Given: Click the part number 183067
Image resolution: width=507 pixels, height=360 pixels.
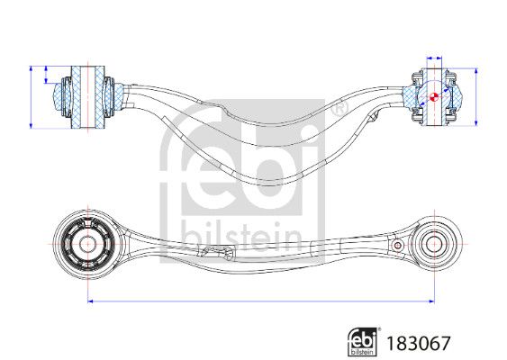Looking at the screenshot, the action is (419, 343).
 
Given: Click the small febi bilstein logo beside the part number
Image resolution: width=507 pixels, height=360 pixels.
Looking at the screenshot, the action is (363, 342).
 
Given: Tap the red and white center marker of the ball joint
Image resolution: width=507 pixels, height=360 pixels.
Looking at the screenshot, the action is (434, 96).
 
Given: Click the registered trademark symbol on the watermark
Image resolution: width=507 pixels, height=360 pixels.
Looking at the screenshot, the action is (340, 109).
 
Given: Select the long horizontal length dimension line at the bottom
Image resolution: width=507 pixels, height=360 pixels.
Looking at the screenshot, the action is (261, 301).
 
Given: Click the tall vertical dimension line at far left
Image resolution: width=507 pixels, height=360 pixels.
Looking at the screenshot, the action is (31, 97).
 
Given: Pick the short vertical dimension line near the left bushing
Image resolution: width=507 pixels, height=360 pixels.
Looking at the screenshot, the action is (46, 75).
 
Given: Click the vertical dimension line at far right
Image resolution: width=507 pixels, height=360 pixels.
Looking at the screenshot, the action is (476, 97).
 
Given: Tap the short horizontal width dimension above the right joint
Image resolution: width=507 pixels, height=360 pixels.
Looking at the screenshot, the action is (434, 58).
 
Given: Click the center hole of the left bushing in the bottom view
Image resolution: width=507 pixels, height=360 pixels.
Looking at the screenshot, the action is (87, 244).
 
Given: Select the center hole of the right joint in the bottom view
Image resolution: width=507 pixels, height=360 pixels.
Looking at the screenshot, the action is (434, 244).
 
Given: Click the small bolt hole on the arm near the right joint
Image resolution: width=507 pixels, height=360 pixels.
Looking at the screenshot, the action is (398, 246).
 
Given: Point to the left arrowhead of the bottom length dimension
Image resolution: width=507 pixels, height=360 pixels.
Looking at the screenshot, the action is (90, 301).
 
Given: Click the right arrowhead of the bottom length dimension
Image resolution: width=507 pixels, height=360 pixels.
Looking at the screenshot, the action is (432, 301).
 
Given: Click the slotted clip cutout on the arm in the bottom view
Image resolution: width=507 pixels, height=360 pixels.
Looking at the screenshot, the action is (217, 251).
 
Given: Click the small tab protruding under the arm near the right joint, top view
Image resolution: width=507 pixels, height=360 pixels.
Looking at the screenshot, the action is (374, 116).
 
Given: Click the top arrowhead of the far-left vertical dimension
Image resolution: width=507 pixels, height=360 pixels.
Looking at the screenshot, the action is (31, 68).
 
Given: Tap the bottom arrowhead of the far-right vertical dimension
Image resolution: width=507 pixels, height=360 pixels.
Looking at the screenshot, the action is (476, 123).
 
